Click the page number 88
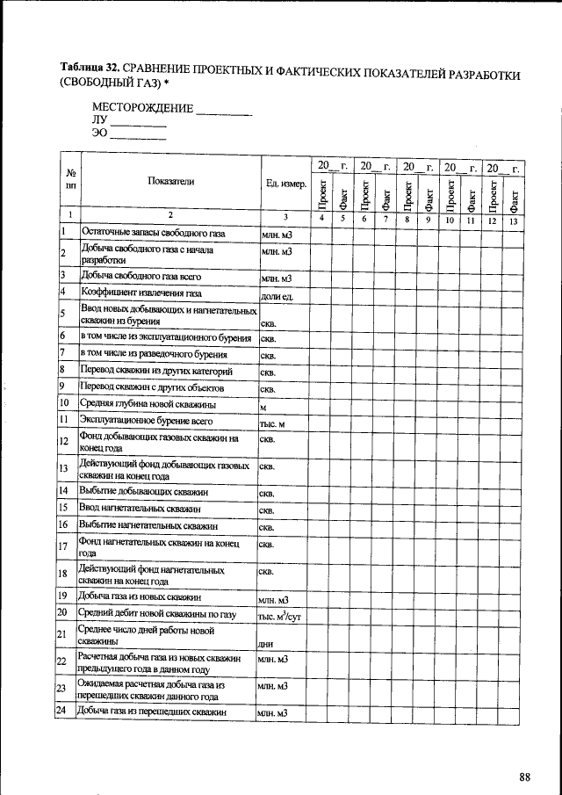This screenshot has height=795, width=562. click(525, 777)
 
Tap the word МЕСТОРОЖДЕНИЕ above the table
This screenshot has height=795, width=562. click(142, 108)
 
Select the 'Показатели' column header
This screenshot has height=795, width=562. click(171, 182)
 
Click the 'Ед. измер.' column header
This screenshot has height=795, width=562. click(285, 184)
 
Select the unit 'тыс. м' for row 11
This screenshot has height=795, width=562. click(275, 424)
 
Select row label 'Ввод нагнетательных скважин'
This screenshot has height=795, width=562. click(140, 508)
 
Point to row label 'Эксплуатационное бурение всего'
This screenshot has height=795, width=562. click(147, 421)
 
